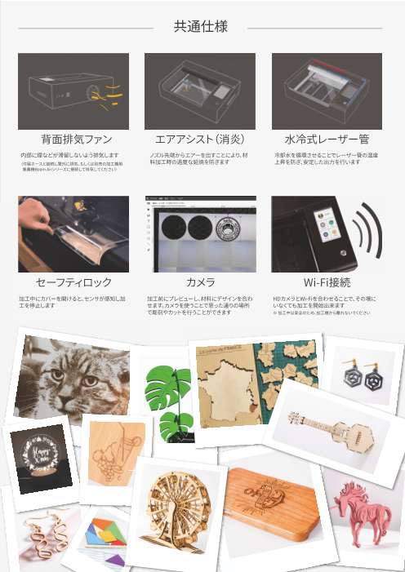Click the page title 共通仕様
click(x=200, y=27)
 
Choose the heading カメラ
click(x=200, y=282)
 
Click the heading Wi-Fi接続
click(x=327, y=282)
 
